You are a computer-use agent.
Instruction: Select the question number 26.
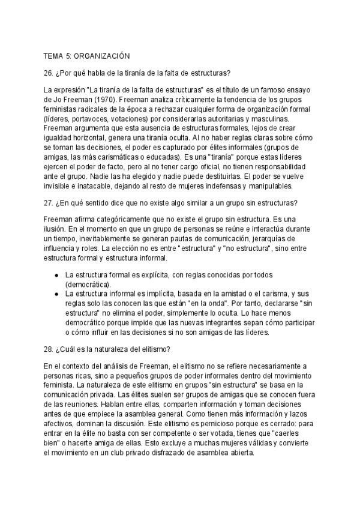pos(48,73)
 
